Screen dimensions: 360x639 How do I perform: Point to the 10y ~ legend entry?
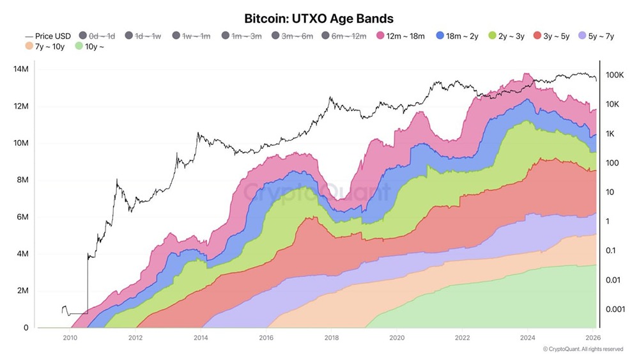point(89,47)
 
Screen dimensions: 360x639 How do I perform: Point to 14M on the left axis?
point(21,69)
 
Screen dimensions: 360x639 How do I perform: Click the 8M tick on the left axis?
point(23,180)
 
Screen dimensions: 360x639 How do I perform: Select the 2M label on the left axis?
point(23,291)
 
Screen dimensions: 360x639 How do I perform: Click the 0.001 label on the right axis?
point(615,309)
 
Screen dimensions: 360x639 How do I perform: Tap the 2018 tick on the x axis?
point(331,338)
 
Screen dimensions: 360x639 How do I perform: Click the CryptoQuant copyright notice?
point(583,349)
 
